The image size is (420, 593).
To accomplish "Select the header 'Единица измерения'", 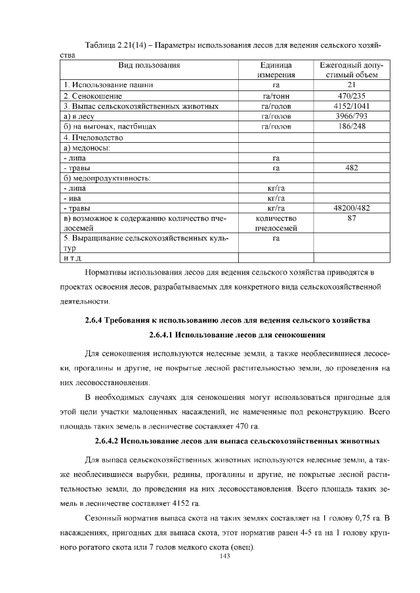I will click(276, 70).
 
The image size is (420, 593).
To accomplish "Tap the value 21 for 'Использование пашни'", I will click(351, 85).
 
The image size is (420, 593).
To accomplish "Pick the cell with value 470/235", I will click(351, 96).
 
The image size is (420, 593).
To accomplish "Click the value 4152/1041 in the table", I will click(351, 106).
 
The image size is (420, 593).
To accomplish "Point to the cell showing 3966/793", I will click(351, 116).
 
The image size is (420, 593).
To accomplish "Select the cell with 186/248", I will click(351, 126).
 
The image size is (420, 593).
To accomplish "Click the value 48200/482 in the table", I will click(351, 208).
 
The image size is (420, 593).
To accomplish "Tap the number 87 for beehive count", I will click(351, 218).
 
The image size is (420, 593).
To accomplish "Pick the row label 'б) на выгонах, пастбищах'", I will click(110, 126).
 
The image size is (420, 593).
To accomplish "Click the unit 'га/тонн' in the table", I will click(276, 96).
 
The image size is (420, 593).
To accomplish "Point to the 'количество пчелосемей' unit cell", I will click(276, 223).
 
